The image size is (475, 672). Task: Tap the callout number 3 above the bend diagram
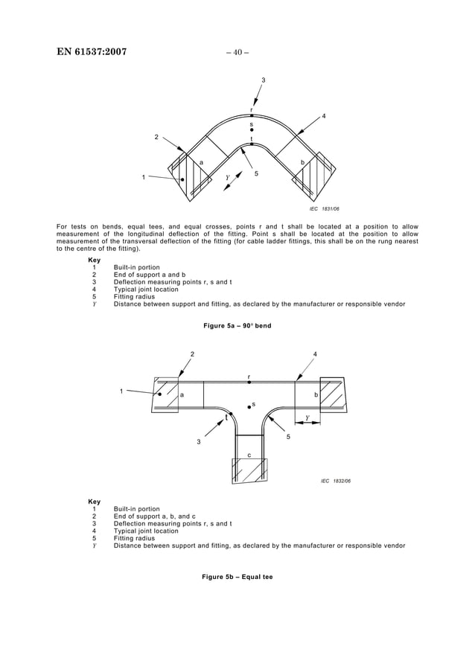[263, 80]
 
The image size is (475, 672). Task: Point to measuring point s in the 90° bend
[252, 129]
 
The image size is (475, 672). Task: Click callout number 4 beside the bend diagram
[323, 117]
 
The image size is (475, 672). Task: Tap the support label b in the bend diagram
[302, 161]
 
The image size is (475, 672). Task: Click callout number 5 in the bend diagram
[256, 173]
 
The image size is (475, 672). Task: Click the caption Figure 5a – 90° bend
[237, 325]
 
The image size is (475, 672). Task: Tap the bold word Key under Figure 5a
[95, 260]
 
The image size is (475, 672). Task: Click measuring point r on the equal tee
[249, 382]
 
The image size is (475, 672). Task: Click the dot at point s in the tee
[249, 407]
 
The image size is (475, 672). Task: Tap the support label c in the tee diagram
[249, 455]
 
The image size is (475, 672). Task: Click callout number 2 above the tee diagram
[192, 353]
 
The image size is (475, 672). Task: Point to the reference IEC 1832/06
[335, 481]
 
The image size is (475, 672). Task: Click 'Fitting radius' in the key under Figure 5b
[135, 538]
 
